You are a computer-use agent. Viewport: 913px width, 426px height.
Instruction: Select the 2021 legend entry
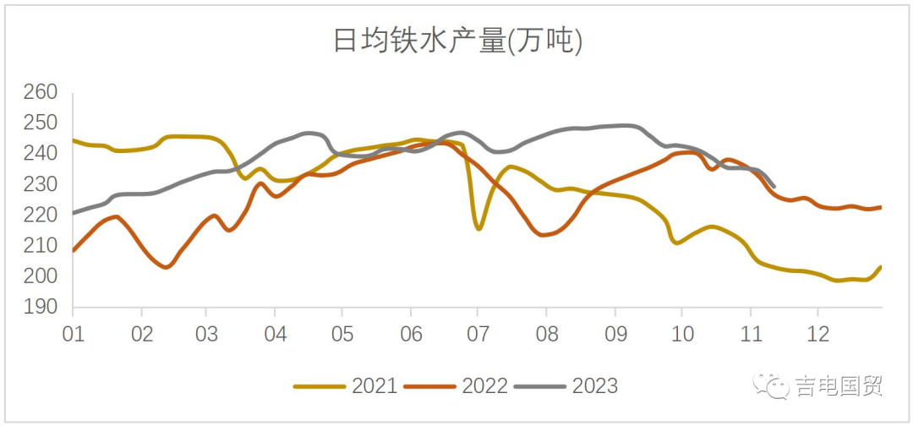click(345, 386)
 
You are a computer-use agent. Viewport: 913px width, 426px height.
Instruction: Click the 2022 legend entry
click(456, 386)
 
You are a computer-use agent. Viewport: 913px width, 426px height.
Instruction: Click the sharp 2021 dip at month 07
click(478, 229)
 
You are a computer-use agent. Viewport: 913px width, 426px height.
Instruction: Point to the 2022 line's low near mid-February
click(167, 267)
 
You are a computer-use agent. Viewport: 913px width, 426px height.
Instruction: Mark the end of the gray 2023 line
click(774, 186)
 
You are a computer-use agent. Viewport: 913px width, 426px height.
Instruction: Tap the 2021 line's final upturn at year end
click(880, 267)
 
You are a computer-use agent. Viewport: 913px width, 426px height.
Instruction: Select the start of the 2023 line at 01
click(74, 213)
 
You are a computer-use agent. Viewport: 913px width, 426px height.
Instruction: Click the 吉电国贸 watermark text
click(839, 386)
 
